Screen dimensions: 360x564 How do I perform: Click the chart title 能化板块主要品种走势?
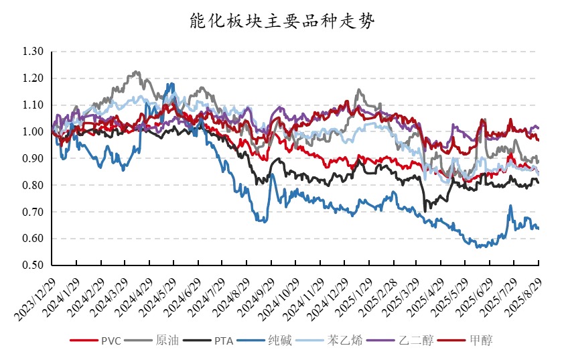(x=281, y=21)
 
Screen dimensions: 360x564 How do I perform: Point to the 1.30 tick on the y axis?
(x=33, y=52)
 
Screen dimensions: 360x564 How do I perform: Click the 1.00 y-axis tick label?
(x=33, y=132)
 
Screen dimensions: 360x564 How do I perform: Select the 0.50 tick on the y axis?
(x=33, y=265)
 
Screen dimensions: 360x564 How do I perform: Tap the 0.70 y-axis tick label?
(x=33, y=212)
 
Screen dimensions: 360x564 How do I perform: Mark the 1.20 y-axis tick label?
(x=33, y=78)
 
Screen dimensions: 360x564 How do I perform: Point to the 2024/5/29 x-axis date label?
(x=157, y=292)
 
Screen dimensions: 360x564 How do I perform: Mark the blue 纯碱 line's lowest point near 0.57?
(x=478, y=247)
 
